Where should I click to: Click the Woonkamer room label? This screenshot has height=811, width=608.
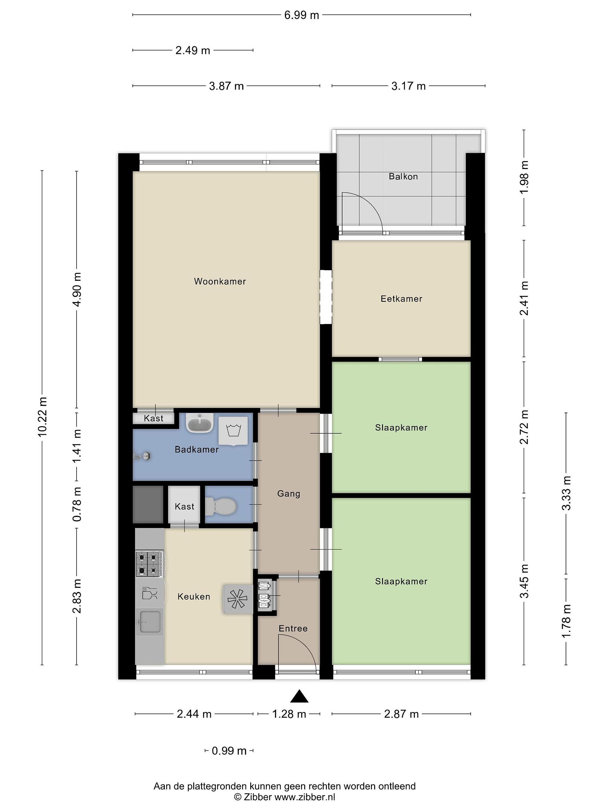click(220, 281)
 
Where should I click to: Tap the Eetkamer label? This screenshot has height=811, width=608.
click(401, 298)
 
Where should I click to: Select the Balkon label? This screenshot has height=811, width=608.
click(403, 176)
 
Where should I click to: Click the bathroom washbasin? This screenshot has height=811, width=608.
click(200, 423)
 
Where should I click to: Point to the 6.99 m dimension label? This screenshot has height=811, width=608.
click(302, 15)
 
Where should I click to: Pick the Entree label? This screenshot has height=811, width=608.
click(293, 629)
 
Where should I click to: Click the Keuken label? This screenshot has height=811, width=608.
click(194, 596)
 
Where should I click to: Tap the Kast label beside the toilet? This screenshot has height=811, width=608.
click(184, 506)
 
